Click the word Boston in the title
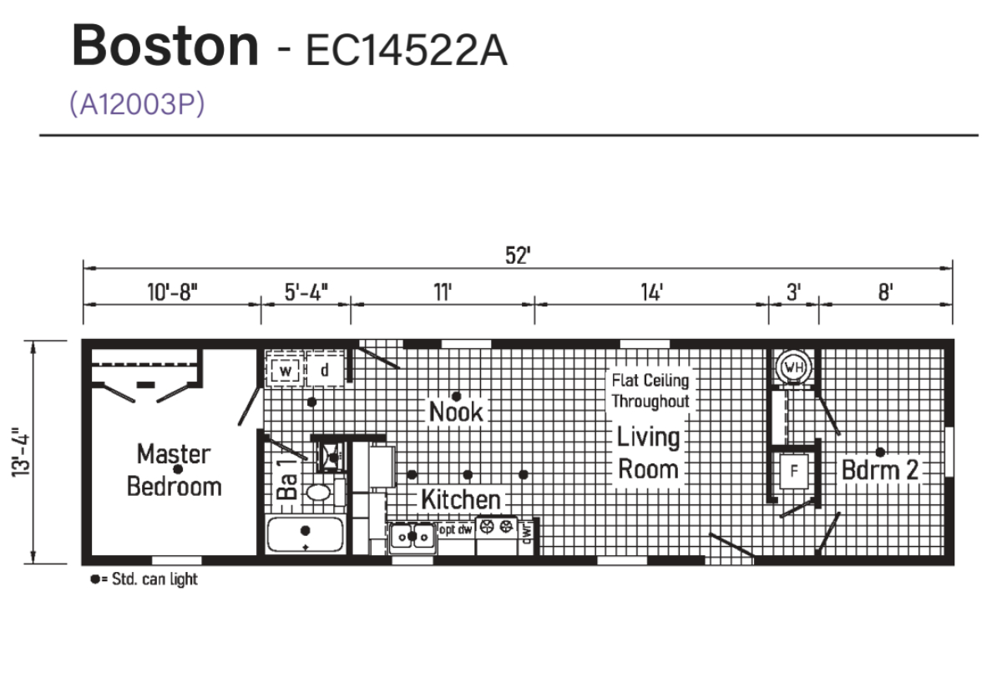165,46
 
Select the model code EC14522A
407,51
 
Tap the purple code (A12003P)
137,104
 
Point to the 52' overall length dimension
518,255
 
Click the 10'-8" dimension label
173,292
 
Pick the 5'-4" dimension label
306,292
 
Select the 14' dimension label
652,292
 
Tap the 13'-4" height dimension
21,453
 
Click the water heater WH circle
794,367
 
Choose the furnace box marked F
794,471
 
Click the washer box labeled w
285,371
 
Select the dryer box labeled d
325,369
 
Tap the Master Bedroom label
174,470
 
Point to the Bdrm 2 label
880,469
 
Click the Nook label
456,412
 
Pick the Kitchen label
461,499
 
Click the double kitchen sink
412,537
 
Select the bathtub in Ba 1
305,534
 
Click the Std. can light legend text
154,579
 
